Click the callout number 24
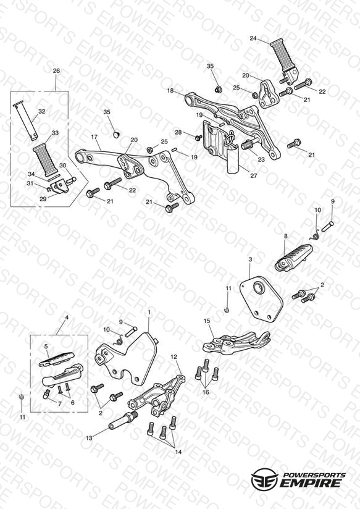(x=253, y=38)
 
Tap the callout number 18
(x=170, y=91)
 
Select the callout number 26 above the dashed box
(x=56, y=71)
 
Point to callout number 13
(x=89, y=438)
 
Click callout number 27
(x=254, y=175)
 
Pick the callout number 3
(x=250, y=259)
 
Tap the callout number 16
(x=206, y=392)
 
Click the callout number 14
(x=178, y=452)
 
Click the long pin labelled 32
(x=24, y=121)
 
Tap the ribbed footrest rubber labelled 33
(x=45, y=161)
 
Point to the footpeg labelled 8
(x=294, y=258)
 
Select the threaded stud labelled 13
(x=123, y=420)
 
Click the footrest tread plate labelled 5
(x=56, y=360)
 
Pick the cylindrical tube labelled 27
(x=233, y=160)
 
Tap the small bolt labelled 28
(x=198, y=138)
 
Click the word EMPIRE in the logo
(x=311, y=482)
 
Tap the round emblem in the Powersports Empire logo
(x=264, y=479)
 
